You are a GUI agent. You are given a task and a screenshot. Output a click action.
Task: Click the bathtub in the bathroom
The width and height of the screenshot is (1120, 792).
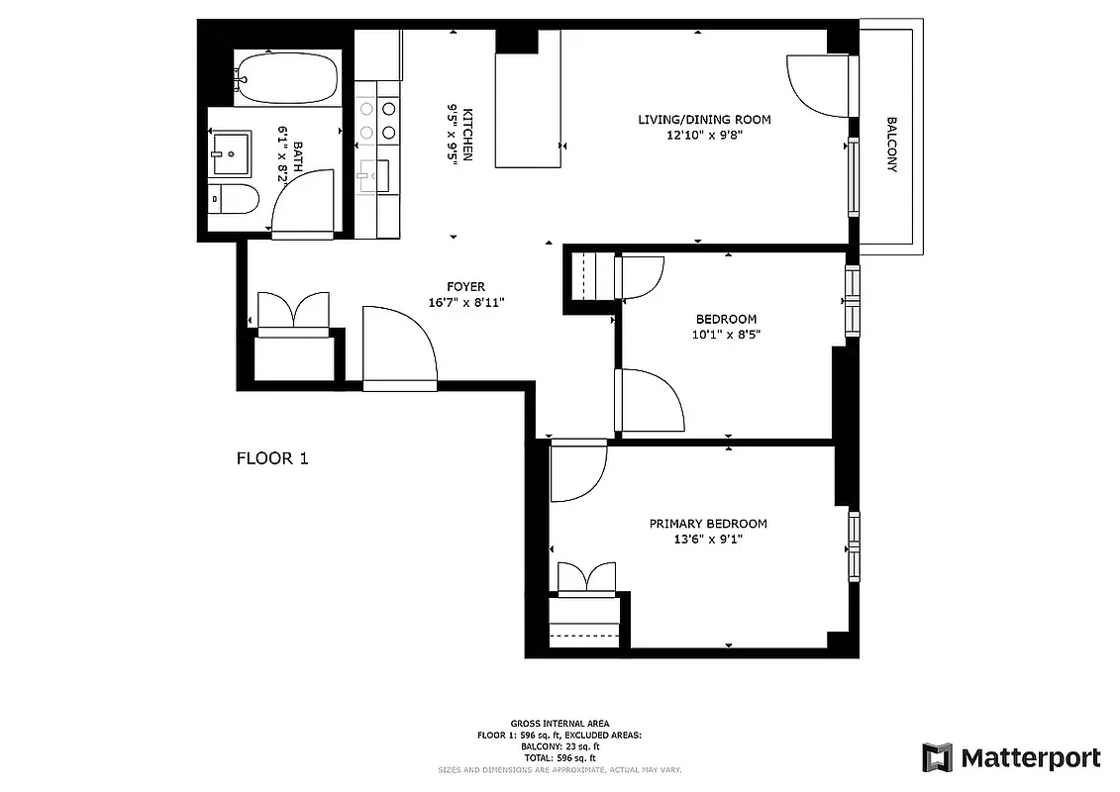click(x=287, y=79)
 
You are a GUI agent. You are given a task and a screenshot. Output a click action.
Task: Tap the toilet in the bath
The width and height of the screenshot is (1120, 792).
click(x=235, y=199)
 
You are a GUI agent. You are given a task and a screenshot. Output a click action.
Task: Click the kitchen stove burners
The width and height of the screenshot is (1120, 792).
click(x=377, y=120)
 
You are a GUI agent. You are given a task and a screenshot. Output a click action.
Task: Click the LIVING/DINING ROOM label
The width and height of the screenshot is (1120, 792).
click(x=704, y=120)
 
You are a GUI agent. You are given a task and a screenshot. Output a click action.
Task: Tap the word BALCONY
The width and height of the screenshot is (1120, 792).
click(x=891, y=145)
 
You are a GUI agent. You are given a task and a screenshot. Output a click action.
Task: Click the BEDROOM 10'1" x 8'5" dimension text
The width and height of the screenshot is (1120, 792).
click(x=726, y=335)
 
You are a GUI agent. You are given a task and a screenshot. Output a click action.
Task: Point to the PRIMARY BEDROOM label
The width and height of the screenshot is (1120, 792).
click(x=708, y=524)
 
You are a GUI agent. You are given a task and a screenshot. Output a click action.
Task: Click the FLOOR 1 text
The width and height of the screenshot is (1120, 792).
click(x=272, y=458)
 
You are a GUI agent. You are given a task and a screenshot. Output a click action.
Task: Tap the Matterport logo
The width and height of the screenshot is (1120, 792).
click(x=1011, y=758)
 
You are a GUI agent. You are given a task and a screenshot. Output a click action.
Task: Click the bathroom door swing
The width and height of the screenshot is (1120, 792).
click(x=302, y=203)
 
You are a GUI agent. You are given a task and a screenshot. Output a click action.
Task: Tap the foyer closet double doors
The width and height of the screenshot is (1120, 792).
click(x=292, y=311)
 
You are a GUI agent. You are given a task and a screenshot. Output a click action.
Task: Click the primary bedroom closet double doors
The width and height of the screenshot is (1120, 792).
click(x=589, y=579)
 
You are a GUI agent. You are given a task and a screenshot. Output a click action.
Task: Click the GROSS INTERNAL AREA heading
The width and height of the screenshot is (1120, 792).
click(x=560, y=724)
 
